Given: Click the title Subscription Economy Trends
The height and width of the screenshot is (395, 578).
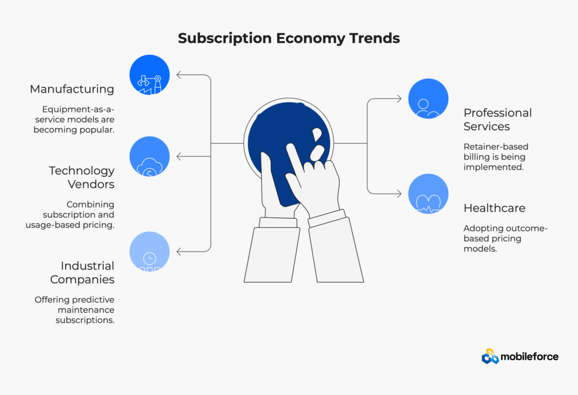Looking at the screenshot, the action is [288, 38].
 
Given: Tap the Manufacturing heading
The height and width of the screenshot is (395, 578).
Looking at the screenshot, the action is [72, 89].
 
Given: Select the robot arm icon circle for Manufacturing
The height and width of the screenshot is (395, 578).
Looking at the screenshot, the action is [149, 75].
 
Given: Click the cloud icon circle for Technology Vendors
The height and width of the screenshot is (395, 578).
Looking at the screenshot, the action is [149, 156].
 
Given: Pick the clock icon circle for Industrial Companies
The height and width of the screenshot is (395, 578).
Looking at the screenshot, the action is [149, 252].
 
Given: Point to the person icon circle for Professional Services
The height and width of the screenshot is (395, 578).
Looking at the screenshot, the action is [428, 98].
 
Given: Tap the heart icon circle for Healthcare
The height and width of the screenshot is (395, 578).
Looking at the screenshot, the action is [428, 194].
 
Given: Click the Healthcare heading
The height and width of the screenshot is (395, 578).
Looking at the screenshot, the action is [494, 208].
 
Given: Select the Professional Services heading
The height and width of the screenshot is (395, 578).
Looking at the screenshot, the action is [498, 120].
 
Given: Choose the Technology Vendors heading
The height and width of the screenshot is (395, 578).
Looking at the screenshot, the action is [81, 177].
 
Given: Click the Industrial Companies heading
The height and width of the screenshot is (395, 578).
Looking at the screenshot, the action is [82, 273].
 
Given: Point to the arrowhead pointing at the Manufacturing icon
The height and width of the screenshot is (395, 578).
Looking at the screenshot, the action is [179, 75].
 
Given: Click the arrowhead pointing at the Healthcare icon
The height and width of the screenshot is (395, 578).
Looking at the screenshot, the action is [399, 194].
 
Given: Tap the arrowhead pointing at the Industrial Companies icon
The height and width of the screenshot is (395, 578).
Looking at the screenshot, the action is [179, 252].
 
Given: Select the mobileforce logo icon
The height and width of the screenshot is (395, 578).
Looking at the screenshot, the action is [490, 356].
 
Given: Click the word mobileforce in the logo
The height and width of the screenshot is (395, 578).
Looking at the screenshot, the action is [529, 357].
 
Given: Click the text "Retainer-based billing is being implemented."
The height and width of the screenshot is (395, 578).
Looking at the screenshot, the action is [496, 157].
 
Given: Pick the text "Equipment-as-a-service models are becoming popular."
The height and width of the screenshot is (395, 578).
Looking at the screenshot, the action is [74, 120].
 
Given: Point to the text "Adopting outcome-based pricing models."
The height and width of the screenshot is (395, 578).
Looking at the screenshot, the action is [505, 238].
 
